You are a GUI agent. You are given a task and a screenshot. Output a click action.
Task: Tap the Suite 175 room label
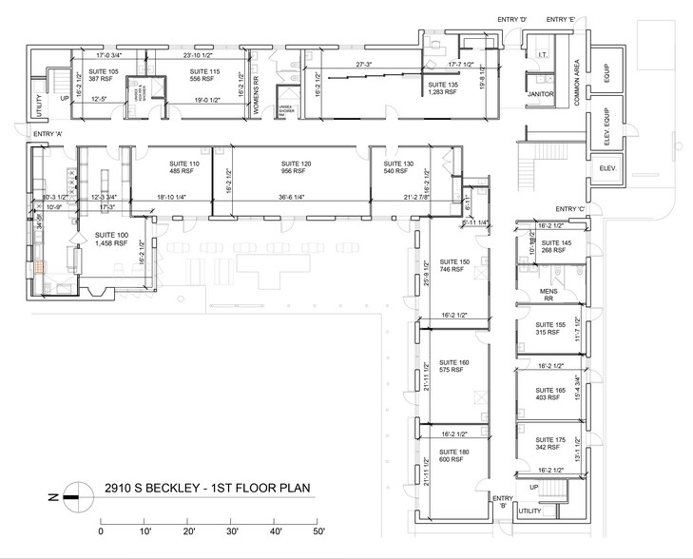point(550,443)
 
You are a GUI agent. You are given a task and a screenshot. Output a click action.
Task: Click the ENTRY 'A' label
point(49,134)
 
